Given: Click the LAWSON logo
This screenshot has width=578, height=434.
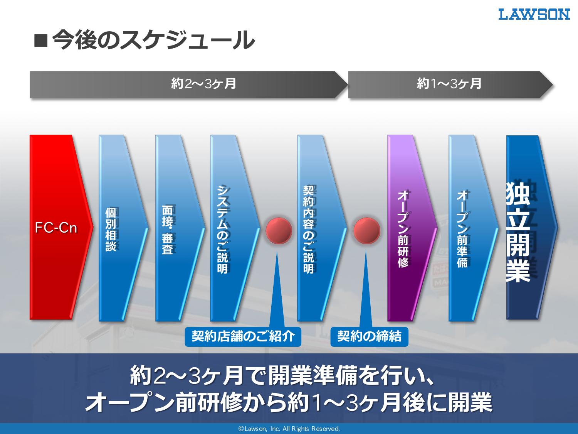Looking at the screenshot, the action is pyautogui.click(x=534, y=14).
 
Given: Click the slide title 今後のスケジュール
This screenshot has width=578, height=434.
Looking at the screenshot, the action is pyautogui.click(x=153, y=40).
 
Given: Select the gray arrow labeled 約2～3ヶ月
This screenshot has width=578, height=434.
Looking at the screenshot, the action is pyautogui.click(x=188, y=84).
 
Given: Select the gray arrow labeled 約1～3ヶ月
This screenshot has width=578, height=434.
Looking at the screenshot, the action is pyautogui.click(x=450, y=84).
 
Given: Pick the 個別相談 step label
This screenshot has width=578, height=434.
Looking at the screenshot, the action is pyautogui.click(x=111, y=229).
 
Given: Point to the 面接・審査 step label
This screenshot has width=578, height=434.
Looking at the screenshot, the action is pyautogui.click(x=168, y=230).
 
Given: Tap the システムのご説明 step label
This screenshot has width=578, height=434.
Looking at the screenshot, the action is pyautogui.click(x=222, y=229).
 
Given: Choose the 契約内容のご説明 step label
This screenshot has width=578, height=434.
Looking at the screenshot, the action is pyautogui.click(x=309, y=229).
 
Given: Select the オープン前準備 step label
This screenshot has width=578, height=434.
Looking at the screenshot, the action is pyautogui.click(x=462, y=229).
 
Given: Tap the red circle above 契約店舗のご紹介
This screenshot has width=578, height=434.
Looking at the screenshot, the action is pyautogui.click(x=279, y=231).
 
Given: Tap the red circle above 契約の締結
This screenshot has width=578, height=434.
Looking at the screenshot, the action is pyautogui.click(x=366, y=231).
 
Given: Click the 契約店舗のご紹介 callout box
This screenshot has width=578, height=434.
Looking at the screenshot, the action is pyautogui.click(x=243, y=336).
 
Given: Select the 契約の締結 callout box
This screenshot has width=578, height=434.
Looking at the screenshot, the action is pyautogui.click(x=369, y=336).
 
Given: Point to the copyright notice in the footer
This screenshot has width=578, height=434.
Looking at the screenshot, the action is pyautogui.click(x=289, y=429).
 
